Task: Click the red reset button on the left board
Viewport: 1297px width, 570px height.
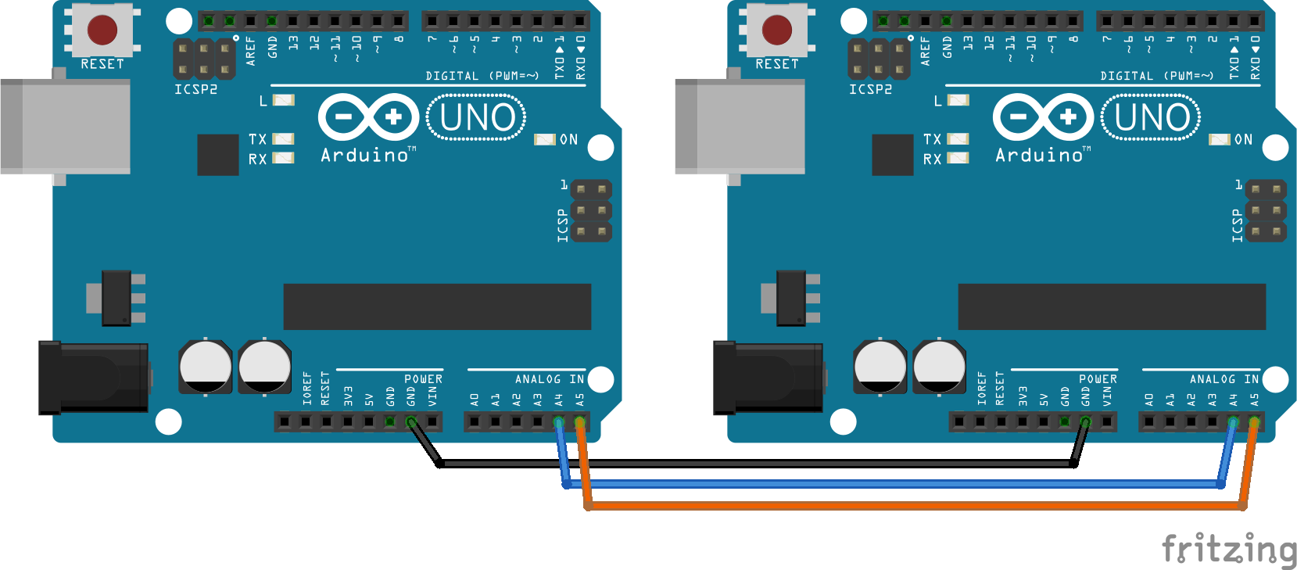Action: [x=102, y=30]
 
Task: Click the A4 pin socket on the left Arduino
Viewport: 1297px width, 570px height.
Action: [x=558, y=421]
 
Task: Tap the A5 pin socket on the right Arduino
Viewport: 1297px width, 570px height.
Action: [x=1254, y=421]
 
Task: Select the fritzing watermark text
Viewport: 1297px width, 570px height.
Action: [x=1229, y=548]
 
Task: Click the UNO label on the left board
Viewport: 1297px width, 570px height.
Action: [x=477, y=117]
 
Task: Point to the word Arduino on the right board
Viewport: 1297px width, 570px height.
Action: [x=1039, y=156]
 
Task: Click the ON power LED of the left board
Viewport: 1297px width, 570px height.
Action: [x=545, y=140]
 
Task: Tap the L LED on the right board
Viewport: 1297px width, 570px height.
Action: [x=958, y=101]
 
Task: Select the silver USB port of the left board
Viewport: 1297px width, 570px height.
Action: [x=66, y=127]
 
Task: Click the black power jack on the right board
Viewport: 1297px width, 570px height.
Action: [x=768, y=378]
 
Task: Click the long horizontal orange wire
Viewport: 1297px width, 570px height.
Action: [x=915, y=507]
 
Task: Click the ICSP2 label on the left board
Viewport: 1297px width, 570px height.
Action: [x=196, y=89]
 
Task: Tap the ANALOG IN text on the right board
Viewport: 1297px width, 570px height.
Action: [x=1224, y=379]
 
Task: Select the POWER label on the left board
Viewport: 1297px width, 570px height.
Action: [x=423, y=379]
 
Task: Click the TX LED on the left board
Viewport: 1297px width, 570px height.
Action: [x=283, y=139]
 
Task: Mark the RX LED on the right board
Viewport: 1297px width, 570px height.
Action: [x=958, y=158]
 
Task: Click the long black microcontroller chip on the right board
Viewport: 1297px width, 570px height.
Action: [x=1112, y=307]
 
